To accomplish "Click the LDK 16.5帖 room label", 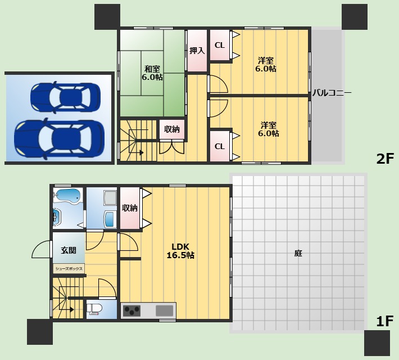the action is click(180, 251).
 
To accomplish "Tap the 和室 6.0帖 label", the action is click(152, 73).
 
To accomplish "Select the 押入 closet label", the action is click(197, 51).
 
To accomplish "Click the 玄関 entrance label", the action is click(69, 250).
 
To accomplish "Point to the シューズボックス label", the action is click(69, 268).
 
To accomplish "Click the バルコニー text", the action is click(332, 92).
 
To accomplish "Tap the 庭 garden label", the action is click(298, 253).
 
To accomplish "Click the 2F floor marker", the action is click(385, 159).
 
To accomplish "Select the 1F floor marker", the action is click(385, 321).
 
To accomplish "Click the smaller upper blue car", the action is click(65, 97).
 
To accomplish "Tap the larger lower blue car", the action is click(59, 139).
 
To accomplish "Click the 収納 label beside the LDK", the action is click(130, 208).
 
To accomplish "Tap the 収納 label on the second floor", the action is click(172, 129).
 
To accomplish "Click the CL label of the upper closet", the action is click(220, 45).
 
